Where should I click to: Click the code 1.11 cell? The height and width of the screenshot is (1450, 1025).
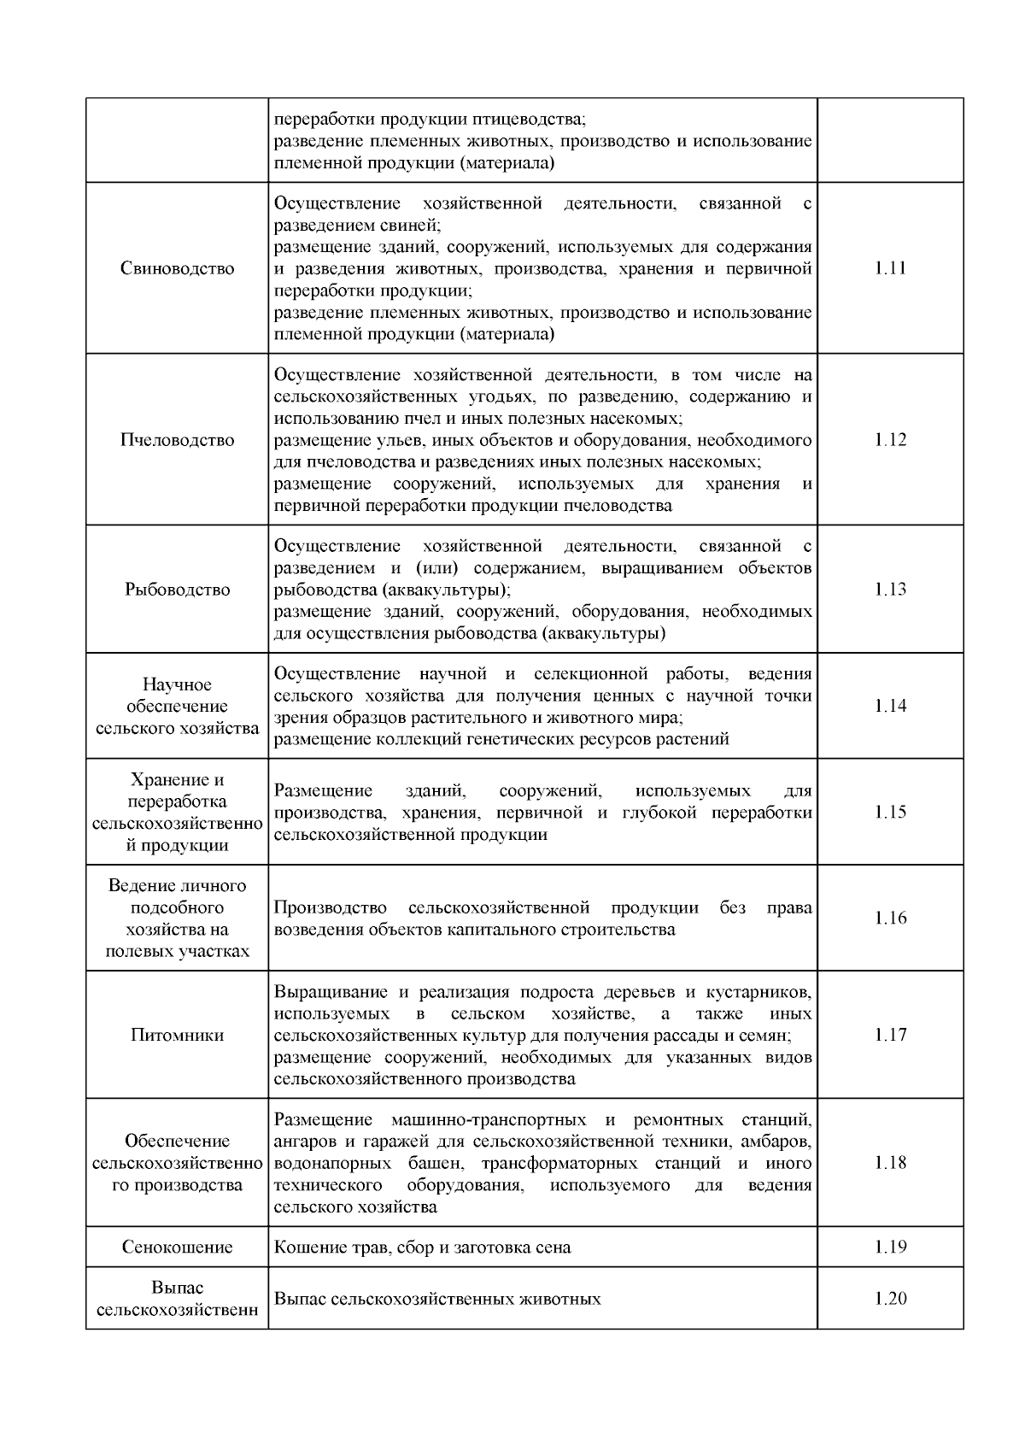890,268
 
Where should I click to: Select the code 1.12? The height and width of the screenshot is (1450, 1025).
890,440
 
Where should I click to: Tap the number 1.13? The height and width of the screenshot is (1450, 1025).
890,590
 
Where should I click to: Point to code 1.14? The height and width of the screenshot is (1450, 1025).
890,706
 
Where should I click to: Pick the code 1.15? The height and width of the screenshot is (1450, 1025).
890,812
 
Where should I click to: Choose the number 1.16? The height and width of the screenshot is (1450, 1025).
890,918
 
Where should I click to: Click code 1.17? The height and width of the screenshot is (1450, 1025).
890,1035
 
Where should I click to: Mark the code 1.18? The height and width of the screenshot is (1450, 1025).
890,1163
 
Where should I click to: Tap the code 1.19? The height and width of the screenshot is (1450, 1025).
890,1247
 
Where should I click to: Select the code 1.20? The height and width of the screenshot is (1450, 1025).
890,1299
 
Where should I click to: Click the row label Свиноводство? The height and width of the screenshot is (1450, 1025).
178,268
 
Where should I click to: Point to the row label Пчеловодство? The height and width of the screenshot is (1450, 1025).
178,440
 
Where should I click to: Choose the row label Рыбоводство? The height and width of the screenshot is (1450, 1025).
178,590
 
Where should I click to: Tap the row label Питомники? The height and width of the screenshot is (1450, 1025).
178,1035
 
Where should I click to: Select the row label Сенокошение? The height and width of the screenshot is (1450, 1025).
178,1247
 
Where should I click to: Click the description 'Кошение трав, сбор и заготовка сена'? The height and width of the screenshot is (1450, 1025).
422,1247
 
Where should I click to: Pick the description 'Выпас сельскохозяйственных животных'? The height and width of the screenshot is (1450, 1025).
437,1300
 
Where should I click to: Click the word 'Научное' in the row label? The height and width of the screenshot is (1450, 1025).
178,684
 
